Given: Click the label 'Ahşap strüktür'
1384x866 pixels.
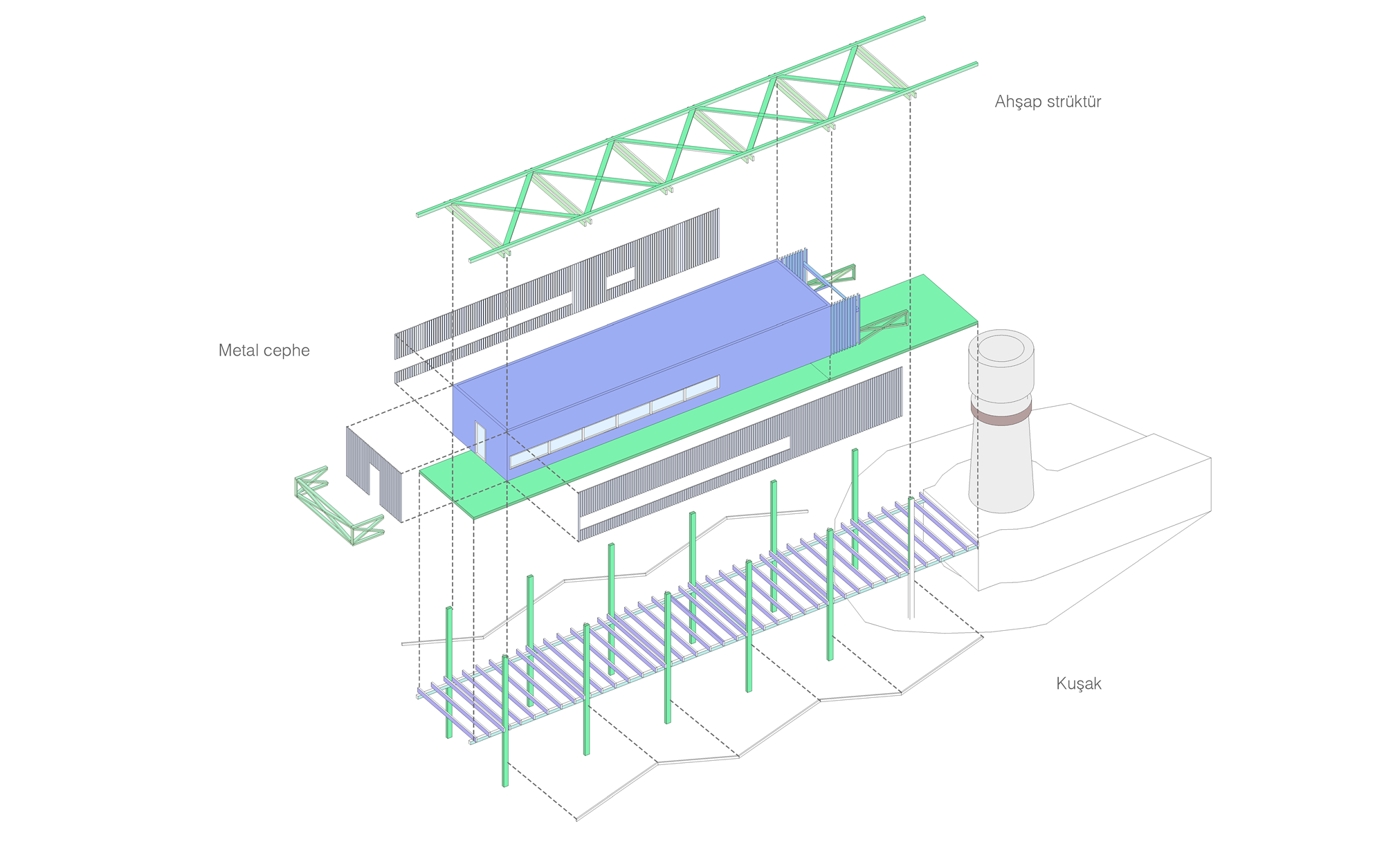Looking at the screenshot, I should [1047, 102].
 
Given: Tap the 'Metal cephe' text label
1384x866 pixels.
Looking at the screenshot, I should [264, 351].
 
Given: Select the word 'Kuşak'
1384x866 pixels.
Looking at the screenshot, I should [1078, 683].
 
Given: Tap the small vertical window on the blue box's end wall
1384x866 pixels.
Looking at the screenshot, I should [480, 441].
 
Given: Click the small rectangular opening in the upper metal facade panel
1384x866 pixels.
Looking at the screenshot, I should [619, 278].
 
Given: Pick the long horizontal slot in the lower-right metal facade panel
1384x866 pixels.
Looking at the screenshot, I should [685, 477].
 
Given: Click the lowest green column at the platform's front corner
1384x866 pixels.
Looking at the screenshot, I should [505, 726].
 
